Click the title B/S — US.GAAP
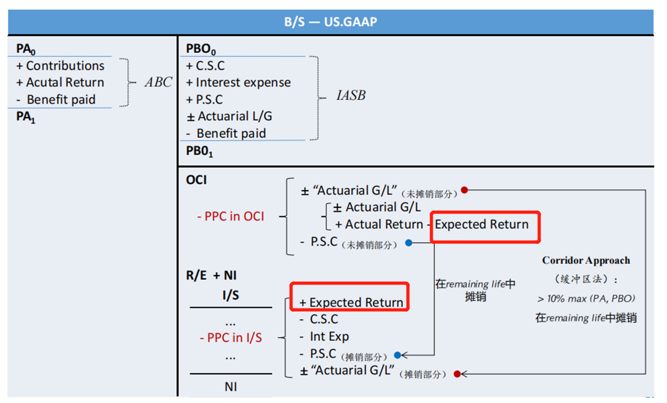coord(331,22)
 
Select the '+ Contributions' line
coord(60,66)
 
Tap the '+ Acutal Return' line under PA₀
coord(60,83)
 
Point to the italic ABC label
coord(158,82)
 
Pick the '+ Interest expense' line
coord(238,83)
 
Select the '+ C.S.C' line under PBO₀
coord(205,66)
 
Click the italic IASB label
coord(350,96)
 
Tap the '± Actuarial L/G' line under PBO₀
coord(230,116)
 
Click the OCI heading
coord(196,180)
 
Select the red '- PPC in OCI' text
coord(230,217)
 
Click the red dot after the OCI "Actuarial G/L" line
coord(464,190)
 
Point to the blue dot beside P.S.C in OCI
coord(409,243)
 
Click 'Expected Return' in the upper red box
coord(481,224)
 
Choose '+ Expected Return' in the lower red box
coord(351,302)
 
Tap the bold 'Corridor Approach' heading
coord(586,261)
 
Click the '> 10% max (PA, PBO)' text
coord(586,299)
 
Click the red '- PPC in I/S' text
coord(230,337)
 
